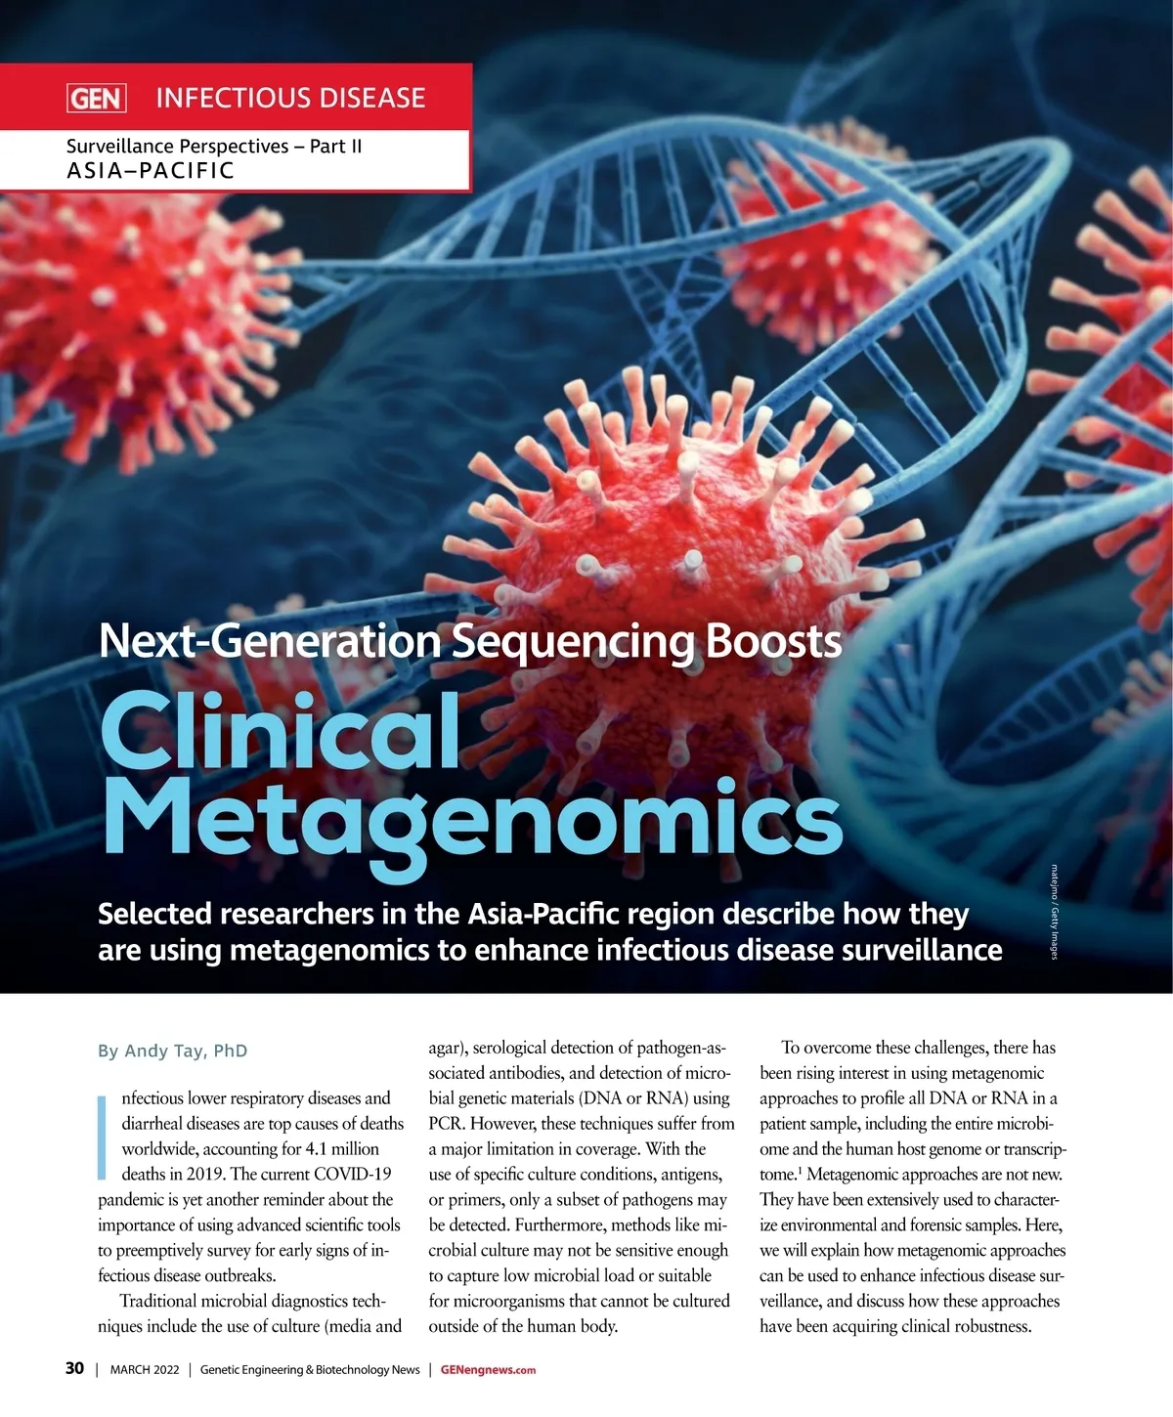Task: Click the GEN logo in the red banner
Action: coord(96,99)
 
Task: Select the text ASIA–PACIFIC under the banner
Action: coord(151,171)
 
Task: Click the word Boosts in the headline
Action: coord(773,642)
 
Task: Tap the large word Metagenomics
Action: coord(471,819)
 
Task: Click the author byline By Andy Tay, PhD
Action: coord(172,1052)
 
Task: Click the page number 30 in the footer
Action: coord(74,1368)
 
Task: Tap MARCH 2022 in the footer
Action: coord(145,1370)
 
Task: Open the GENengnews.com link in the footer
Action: coord(488,1370)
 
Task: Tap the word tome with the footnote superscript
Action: coord(779,1175)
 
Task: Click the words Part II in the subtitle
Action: coord(335,147)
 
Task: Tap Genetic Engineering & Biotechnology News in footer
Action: coord(310,1370)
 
